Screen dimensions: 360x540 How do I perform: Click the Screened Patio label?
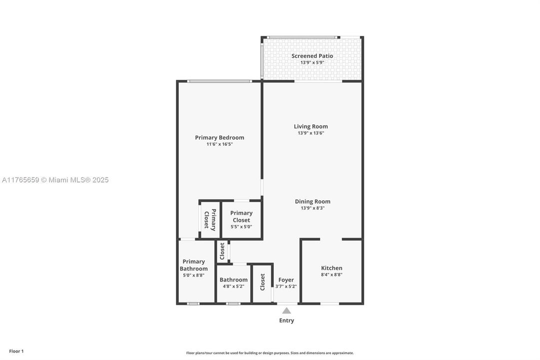[x=312, y=56]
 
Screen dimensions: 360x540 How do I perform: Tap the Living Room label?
[x=311, y=126]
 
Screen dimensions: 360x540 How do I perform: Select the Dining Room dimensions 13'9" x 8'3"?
[x=312, y=208]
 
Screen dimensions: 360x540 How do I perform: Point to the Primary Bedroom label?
[x=219, y=137]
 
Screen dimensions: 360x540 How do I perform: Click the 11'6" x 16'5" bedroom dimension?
[x=219, y=144]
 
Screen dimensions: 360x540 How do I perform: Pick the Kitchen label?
[x=332, y=268]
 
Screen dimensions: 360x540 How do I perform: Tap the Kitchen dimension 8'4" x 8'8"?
[x=332, y=274]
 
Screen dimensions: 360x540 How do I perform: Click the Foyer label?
[x=286, y=280]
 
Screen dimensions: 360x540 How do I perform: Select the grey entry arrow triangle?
[x=287, y=310]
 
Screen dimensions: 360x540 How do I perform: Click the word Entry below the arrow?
[x=287, y=320]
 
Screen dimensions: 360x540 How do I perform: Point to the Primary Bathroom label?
[x=194, y=265]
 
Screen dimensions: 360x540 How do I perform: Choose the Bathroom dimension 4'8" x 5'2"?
[x=233, y=286]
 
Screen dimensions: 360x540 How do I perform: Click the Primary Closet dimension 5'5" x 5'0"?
[x=241, y=226]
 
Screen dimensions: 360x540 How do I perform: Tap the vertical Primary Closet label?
[x=210, y=220]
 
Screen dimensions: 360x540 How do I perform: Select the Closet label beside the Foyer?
[x=263, y=282]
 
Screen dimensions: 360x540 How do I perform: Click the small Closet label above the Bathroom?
[x=222, y=251]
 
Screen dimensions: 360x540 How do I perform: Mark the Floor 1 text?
[x=16, y=351]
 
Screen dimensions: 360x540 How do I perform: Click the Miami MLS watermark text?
[x=55, y=180]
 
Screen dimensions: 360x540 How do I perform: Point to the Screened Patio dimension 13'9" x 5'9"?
[x=312, y=62]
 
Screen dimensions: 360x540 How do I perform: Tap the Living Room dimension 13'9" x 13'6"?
[x=311, y=133]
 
